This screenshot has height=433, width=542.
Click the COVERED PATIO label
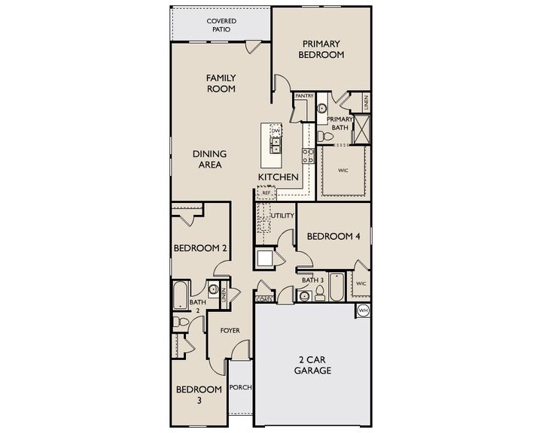[221, 25]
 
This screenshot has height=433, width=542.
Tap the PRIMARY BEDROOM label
[321, 50]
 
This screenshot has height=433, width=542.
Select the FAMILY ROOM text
[221, 83]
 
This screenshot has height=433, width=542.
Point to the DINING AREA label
[209, 159]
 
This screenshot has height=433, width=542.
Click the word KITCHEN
[279, 177]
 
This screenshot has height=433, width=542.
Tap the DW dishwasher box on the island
[276, 132]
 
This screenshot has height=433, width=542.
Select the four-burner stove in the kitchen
[308, 156]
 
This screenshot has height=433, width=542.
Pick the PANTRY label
[304, 96]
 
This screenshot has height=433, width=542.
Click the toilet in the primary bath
[323, 136]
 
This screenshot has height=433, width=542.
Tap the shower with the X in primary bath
[363, 130]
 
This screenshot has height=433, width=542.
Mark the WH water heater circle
[363, 310]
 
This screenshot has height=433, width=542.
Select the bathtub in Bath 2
[181, 295]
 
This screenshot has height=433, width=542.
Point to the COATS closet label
[264, 299]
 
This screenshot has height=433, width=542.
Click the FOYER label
[230, 330]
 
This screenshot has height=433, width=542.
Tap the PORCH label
[241, 388]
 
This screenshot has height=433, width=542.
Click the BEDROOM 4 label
[333, 236]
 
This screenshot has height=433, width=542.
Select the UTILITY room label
[282, 216]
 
